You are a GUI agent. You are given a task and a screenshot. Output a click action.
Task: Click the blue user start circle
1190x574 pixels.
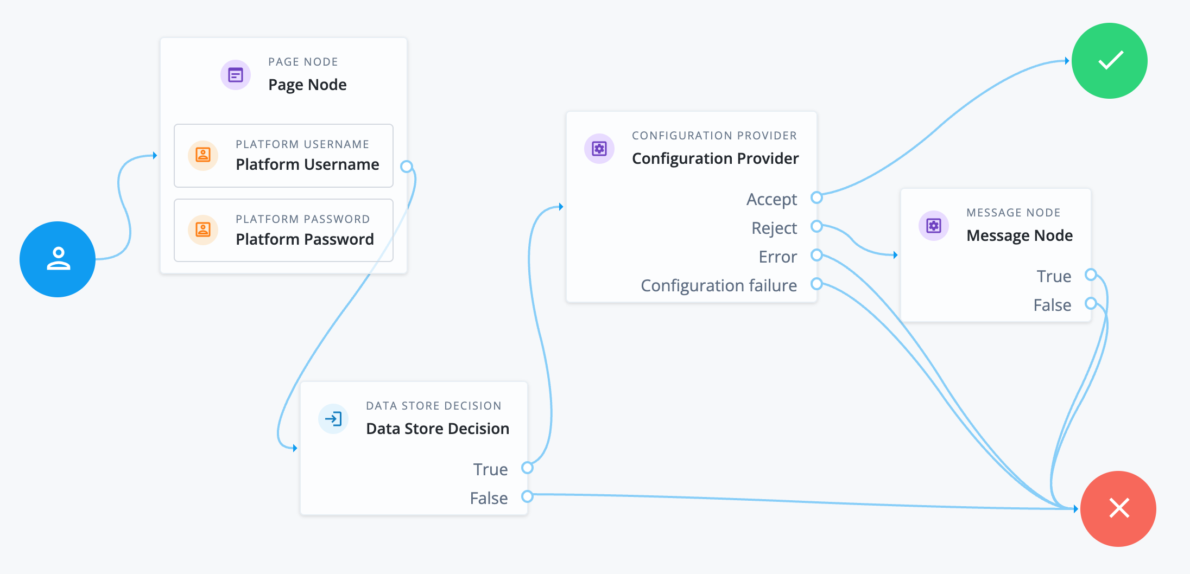[58, 259]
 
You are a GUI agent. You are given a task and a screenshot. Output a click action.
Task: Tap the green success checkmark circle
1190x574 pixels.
[1109, 61]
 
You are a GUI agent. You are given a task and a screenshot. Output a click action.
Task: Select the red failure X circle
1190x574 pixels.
[1118, 508]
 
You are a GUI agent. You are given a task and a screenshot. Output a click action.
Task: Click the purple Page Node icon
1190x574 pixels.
[236, 75]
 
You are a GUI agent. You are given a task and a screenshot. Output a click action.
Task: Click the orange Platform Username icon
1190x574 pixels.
[203, 155]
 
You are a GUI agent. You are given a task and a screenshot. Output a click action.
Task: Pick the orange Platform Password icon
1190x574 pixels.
[203, 230]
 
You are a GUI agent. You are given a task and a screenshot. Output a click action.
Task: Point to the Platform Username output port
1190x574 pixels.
[406, 167]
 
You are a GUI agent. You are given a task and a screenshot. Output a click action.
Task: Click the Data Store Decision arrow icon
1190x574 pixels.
[333, 418]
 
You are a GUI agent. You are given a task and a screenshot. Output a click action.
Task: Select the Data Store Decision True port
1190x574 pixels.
[527, 468]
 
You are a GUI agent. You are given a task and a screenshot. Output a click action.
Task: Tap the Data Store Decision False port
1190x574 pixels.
[527, 496]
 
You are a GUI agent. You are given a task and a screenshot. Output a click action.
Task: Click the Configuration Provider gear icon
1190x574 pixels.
[599, 149]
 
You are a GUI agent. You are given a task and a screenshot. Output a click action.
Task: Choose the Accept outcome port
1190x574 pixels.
[816, 197]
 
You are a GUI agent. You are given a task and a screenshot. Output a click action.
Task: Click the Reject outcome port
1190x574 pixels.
[816, 226]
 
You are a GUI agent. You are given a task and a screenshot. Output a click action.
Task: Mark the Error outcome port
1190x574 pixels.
[816, 255]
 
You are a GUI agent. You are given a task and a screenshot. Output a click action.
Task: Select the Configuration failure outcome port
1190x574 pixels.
[816, 284]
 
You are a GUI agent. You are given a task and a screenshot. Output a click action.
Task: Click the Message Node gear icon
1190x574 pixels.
[934, 226]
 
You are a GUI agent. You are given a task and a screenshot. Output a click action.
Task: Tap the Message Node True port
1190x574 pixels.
[1091, 275]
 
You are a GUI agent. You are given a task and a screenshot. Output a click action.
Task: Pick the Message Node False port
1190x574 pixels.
[1091, 303]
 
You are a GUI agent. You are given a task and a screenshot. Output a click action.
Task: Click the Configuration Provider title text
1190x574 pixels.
[715, 158]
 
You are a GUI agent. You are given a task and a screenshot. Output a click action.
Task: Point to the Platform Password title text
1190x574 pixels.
[305, 239]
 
